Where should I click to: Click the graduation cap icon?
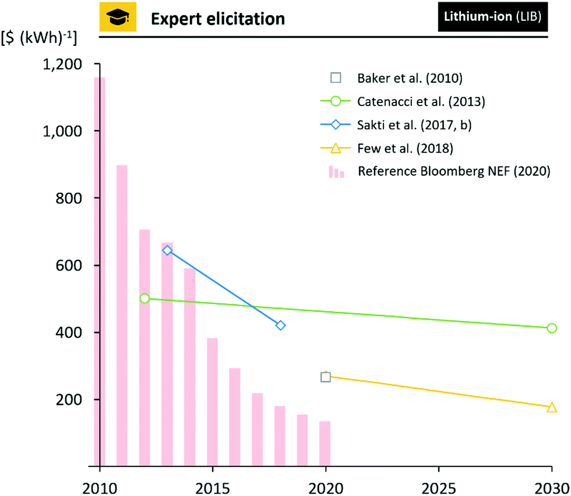[118, 19]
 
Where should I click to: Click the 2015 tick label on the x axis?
[213, 485]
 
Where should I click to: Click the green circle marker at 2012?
[145, 298]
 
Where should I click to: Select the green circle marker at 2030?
[551, 328]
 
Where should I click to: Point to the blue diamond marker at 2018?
[280, 325]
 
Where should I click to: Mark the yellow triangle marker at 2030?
[551, 408]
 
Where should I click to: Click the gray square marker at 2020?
[326, 377]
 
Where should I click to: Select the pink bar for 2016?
[235, 417]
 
